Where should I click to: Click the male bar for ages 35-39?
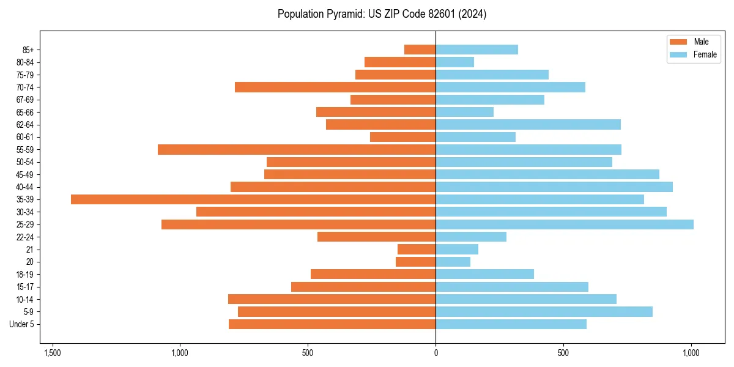coord(253,199)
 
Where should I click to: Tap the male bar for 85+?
coord(420,50)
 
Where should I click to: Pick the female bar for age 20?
coord(453,262)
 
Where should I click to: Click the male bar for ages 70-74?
coord(335,87)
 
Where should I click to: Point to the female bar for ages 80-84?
coord(455,62)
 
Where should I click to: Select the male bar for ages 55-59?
coord(297,149)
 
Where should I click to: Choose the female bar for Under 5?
coord(511,324)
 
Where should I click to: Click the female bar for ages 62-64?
coord(528,125)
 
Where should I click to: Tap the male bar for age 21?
coord(417,250)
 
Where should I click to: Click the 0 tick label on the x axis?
coord(436,353)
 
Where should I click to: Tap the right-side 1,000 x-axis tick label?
coord(691,353)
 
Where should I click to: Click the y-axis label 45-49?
coord(25,174)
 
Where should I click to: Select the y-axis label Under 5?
coord(22,324)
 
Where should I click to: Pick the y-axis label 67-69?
coord(25,100)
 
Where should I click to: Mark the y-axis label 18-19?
coord(25,275)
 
